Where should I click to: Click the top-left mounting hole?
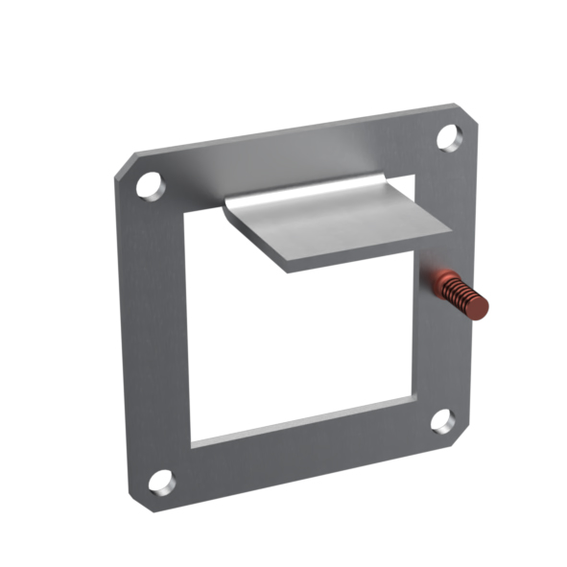pyautogui.click(x=150, y=184)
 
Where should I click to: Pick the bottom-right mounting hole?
pyautogui.click(x=441, y=420)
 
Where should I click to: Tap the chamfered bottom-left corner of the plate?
pyautogui.click(x=137, y=499)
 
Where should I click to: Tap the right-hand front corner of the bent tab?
pyautogui.click(x=447, y=231)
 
